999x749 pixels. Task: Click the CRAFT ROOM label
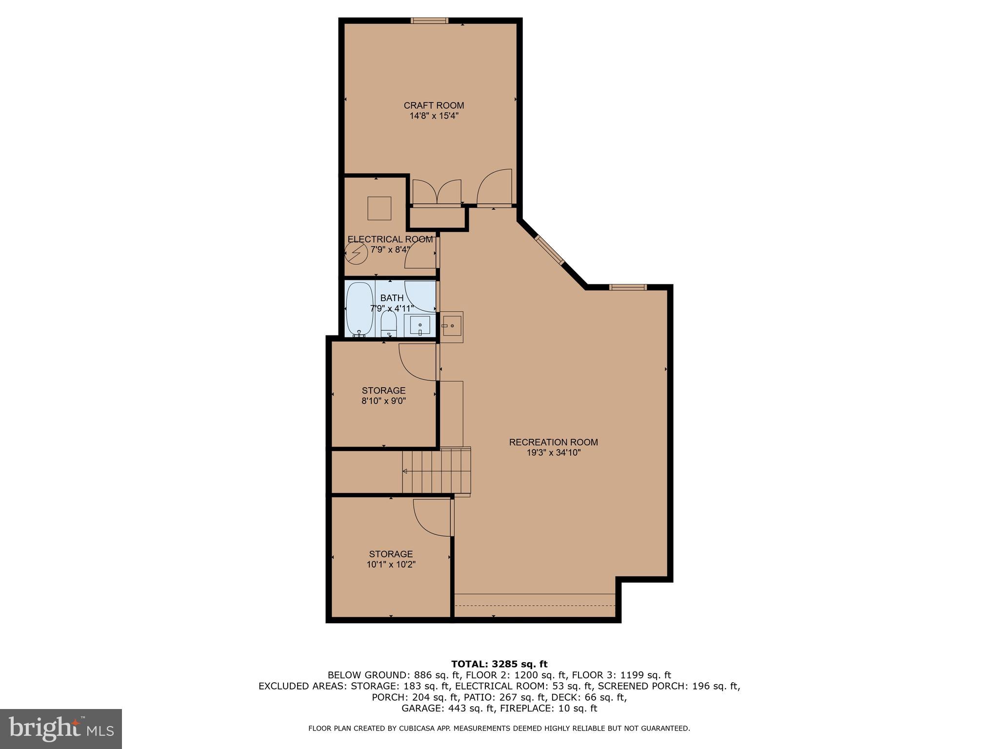434,105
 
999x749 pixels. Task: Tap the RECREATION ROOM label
553,442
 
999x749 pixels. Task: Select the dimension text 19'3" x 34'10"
553,453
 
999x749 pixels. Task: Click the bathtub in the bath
360,309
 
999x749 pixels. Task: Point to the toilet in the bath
389,323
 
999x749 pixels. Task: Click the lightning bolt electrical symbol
356,254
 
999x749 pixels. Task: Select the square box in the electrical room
379,208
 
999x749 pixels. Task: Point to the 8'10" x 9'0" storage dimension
383,401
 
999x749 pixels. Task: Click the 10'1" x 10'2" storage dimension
391,565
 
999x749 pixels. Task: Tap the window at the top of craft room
429,20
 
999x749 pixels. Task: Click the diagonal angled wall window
550,250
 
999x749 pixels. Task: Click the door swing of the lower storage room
431,518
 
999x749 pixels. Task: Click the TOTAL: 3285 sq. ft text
499,664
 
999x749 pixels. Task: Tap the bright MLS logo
61,729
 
